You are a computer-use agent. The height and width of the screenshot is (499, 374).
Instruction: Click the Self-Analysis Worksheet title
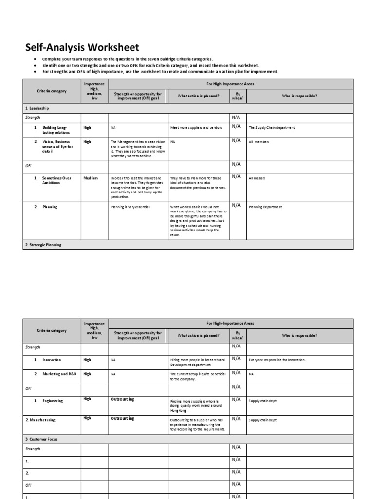pyautogui.click(x=82, y=47)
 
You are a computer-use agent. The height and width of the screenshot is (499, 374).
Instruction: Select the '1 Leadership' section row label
pyautogui.click(x=37, y=108)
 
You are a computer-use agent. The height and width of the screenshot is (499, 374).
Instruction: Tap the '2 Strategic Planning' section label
pyautogui.click(x=43, y=245)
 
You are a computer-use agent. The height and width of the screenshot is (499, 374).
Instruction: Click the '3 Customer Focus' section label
pyautogui.click(x=41, y=439)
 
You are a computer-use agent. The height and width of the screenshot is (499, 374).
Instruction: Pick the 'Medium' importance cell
pyautogui.click(x=91, y=178)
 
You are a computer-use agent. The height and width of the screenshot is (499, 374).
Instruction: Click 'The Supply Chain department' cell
pyautogui.click(x=272, y=128)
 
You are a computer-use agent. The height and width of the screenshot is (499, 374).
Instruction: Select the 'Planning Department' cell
pyautogui.click(x=266, y=207)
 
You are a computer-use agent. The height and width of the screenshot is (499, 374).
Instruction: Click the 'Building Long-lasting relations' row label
pyautogui.click(x=56, y=130)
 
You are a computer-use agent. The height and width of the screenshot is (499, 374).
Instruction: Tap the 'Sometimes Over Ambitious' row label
pyautogui.click(x=56, y=180)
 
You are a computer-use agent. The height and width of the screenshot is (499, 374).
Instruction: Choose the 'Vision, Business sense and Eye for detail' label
pyautogui.click(x=57, y=146)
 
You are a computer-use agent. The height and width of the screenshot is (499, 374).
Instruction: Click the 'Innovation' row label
pyautogui.click(x=52, y=360)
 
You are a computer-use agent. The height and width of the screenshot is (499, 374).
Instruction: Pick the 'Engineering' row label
pyautogui.click(x=53, y=401)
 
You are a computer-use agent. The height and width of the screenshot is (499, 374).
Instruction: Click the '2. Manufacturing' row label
pyautogui.click(x=40, y=420)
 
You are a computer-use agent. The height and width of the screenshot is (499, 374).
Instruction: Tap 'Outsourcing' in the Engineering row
pyautogui.click(x=122, y=399)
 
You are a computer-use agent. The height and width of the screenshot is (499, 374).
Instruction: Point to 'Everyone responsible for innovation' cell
pyautogui.click(x=277, y=360)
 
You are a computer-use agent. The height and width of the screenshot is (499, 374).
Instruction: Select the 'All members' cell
pyautogui.click(x=259, y=142)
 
